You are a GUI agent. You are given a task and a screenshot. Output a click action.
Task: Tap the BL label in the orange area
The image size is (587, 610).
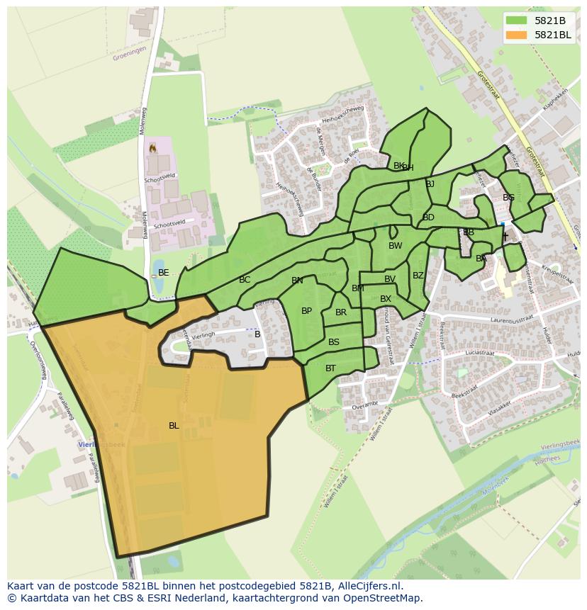click(174, 426)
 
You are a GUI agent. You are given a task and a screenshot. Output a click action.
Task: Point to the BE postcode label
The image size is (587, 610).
click(164, 273)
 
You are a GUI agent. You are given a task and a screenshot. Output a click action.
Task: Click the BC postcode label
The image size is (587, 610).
click(245, 280)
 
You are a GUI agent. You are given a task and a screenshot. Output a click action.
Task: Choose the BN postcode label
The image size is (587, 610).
click(297, 281)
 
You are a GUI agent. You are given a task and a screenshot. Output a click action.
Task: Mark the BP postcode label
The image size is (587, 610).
click(306, 311)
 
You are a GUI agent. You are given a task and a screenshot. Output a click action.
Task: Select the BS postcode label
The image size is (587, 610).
click(334, 342)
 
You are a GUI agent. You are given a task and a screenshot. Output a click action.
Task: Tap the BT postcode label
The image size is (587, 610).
click(330, 368)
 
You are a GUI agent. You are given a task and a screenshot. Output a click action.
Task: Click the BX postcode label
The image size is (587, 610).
click(386, 299)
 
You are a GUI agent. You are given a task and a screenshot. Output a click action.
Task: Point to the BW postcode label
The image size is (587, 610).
click(395, 246)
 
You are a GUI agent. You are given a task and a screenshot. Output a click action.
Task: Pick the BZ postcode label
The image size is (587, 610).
click(418, 276)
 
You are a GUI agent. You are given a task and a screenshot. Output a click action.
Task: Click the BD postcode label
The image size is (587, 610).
click(428, 218)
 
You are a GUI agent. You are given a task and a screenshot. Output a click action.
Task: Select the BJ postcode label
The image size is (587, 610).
click(430, 184)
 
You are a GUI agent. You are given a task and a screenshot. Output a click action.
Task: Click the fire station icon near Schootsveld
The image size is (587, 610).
click(151, 149)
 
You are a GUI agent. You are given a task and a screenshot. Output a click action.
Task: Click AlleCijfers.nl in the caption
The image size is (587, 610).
click(369, 586)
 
